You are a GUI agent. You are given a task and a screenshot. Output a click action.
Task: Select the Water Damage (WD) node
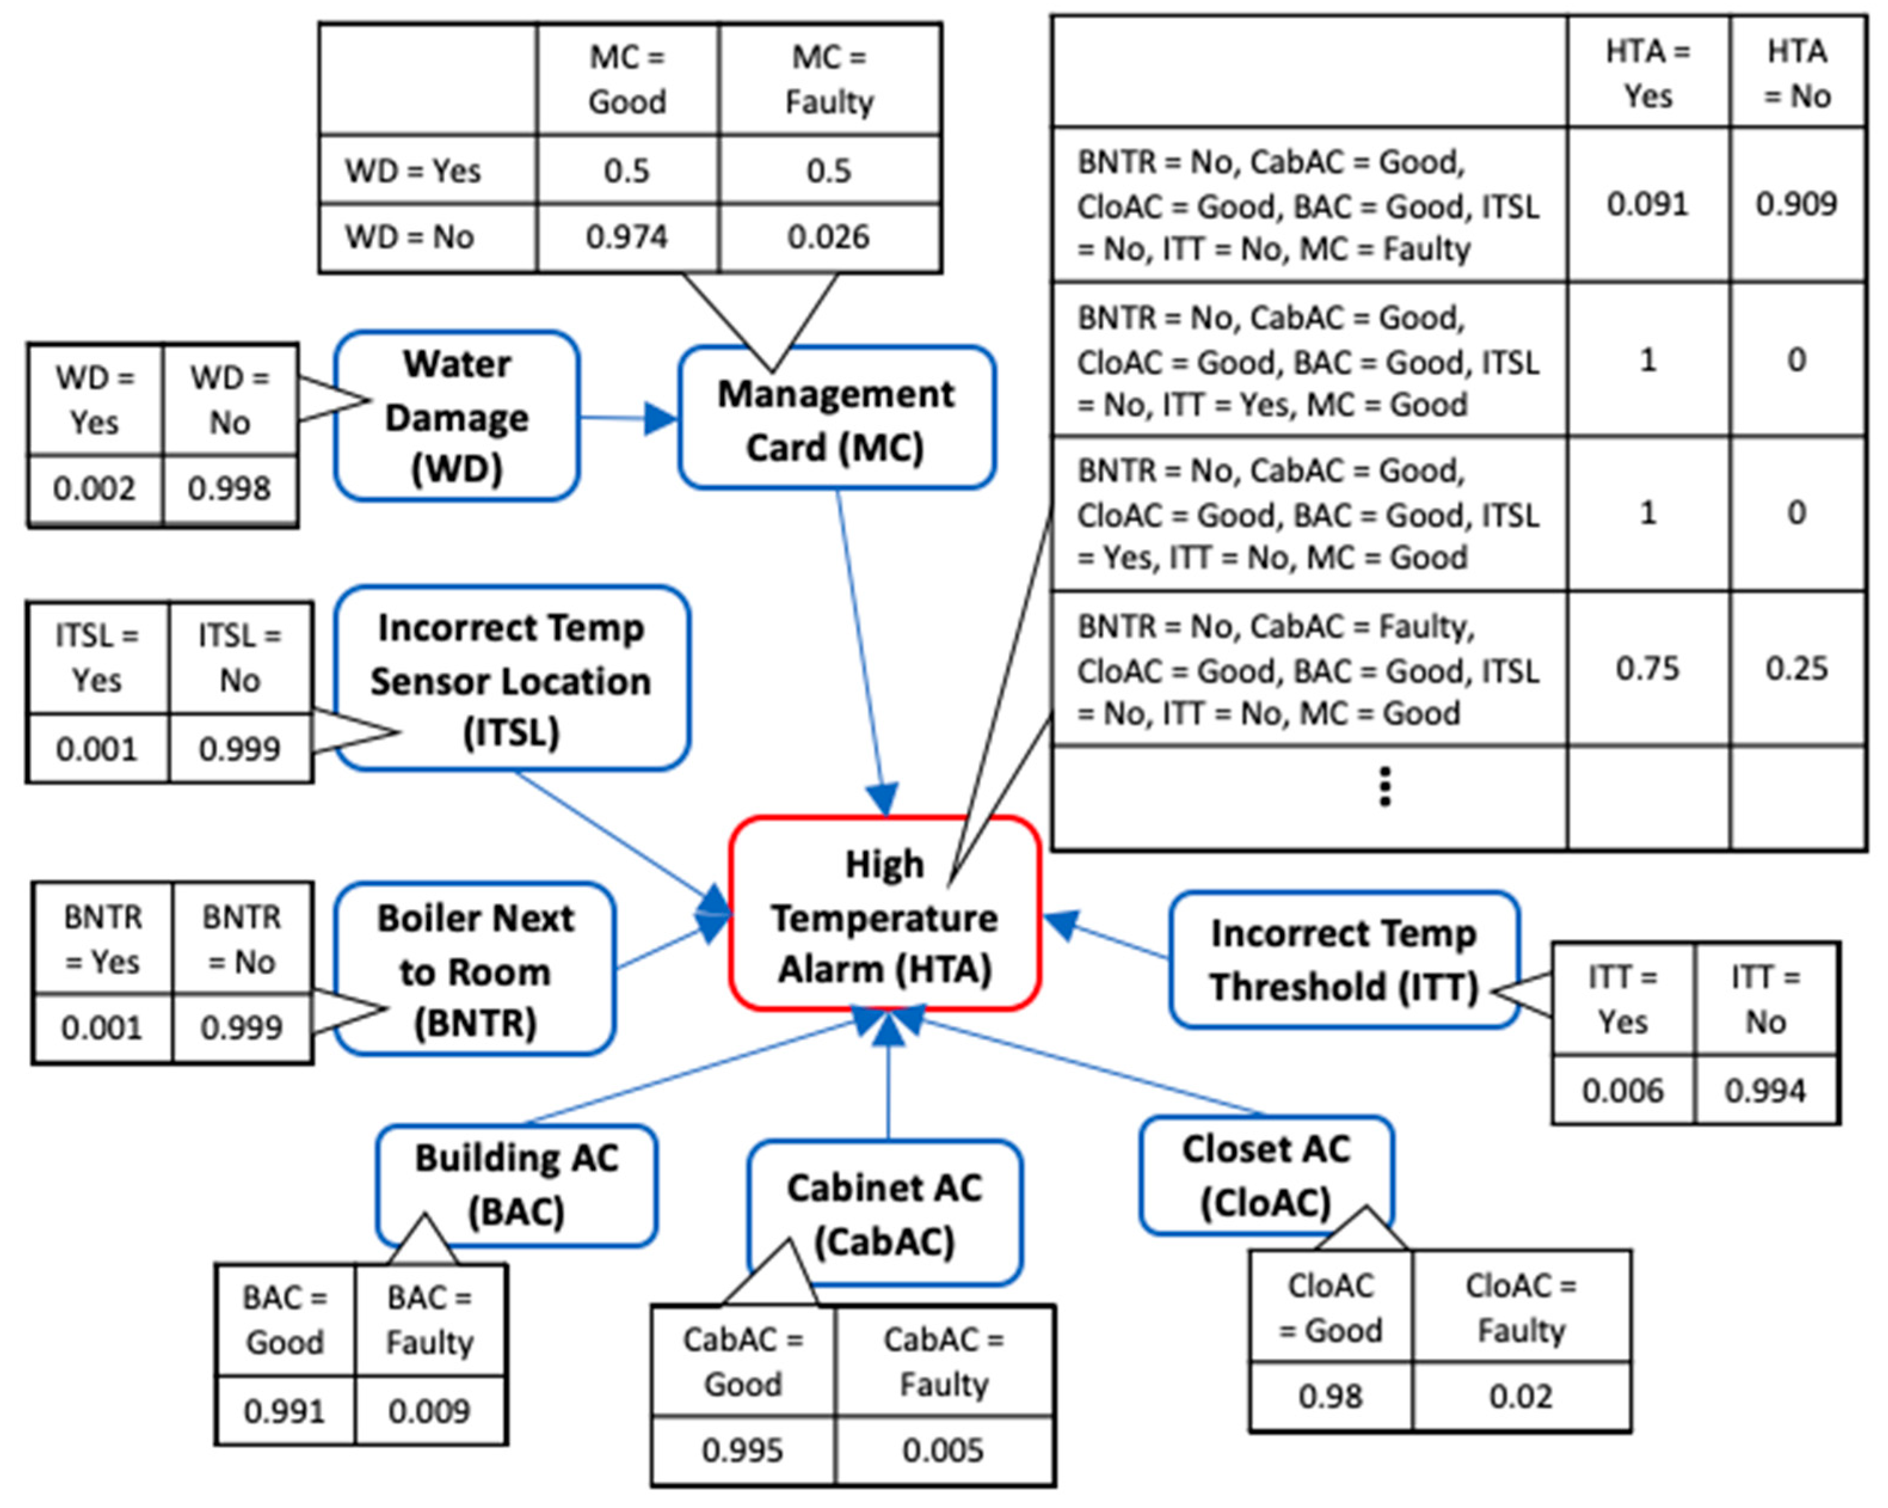pos(456,417)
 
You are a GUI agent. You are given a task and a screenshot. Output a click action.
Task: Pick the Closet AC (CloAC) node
pos(1266,1175)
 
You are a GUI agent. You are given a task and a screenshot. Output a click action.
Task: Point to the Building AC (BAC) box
pos(517,1184)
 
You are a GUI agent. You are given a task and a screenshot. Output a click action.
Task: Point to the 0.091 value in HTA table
pos(1647,204)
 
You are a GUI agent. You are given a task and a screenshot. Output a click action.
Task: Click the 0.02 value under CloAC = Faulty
pos(1520,1396)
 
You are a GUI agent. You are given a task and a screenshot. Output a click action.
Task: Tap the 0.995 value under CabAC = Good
pos(742,1450)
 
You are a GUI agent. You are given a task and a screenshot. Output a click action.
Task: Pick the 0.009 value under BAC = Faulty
pos(429,1411)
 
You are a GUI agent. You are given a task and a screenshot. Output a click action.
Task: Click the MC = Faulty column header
pos(828,79)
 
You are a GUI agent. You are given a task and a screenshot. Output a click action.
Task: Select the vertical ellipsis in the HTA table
pos(1384,786)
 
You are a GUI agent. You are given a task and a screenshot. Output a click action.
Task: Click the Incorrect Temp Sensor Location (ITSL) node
pos(512,679)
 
